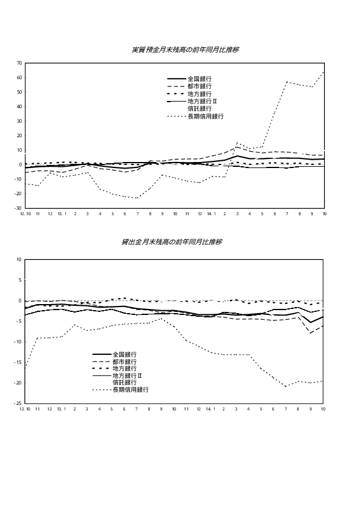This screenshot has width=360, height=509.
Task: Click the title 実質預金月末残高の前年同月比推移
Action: click(186, 50)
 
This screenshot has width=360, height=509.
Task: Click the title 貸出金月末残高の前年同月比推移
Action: click(172, 242)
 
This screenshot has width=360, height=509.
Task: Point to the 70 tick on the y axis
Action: click(19, 63)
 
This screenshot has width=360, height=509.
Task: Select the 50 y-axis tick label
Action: click(19, 92)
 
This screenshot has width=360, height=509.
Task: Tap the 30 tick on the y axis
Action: click(19, 121)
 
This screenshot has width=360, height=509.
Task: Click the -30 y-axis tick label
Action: click(19, 208)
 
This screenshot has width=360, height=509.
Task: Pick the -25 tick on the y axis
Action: click(18, 403)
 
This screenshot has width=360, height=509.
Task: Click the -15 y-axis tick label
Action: click(18, 362)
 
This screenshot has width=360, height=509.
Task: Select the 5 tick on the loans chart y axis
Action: click(20, 280)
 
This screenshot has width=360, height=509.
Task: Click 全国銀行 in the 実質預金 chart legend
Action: click(200, 79)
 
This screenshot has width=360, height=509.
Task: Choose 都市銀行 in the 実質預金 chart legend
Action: click(200, 86)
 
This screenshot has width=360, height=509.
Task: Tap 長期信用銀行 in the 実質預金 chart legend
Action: click(206, 117)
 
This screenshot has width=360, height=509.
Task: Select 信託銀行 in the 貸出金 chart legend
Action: click(125, 383)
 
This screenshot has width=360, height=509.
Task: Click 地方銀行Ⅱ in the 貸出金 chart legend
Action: click(128, 375)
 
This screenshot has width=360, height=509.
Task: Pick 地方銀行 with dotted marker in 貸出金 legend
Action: click(125, 368)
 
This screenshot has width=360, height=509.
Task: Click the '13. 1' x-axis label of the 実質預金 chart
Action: click(62, 214)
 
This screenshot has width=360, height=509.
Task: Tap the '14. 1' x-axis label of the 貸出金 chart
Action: click(211, 409)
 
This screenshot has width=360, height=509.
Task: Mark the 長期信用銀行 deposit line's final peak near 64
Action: click(324, 72)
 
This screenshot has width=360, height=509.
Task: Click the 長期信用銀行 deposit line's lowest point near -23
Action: click(137, 198)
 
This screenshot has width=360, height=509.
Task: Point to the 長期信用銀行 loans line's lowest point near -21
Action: click(286, 386)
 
